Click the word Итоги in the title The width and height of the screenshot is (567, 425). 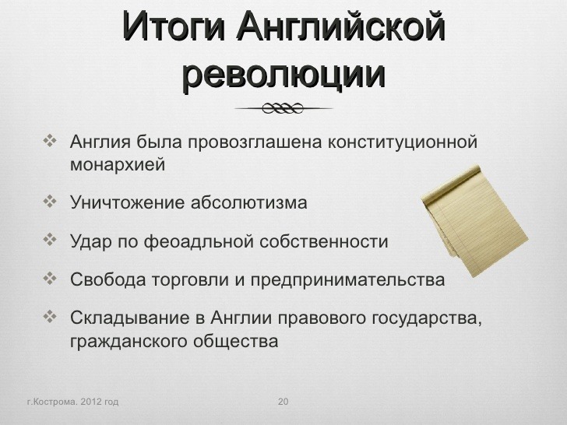pyautogui.click(x=174, y=26)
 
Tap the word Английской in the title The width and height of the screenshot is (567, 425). pyautogui.click(x=340, y=25)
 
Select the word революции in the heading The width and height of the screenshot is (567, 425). pyautogui.click(x=283, y=76)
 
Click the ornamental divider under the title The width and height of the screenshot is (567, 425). pyautogui.click(x=283, y=108)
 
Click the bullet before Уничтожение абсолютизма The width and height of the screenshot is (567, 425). pyautogui.click(x=50, y=202)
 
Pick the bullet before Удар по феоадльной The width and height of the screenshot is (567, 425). pyautogui.click(x=50, y=240)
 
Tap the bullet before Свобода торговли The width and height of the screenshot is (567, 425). pyautogui.click(x=50, y=279)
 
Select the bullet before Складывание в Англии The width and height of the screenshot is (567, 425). pyautogui.click(x=50, y=317)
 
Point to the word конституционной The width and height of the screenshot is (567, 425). pyautogui.click(x=403, y=142)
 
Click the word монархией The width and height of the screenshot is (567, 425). pyautogui.click(x=118, y=165)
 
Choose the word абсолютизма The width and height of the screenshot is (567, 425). pyautogui.click(x=248, y=202)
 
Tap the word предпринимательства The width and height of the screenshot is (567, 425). pyautogui.click(x=347, y=280)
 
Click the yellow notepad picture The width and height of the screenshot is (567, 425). pyautogui.click(x=474, y=220)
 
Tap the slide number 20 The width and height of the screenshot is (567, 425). pyautogui.click(x=283, y=402)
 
